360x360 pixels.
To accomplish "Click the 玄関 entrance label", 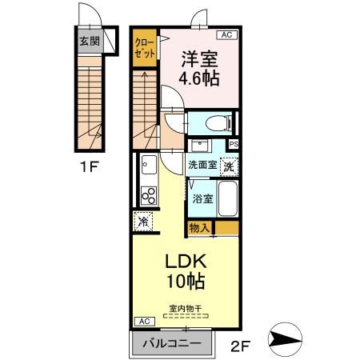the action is click(90, 42).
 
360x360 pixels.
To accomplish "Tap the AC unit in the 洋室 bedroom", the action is click(226, 34).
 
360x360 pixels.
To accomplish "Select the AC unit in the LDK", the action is click(144, 322).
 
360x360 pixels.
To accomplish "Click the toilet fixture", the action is click(218, 123).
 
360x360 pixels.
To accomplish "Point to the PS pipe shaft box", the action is click(234, 145).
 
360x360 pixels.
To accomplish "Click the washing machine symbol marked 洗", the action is click(229, 166).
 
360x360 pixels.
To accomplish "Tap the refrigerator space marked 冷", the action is click(143, 222).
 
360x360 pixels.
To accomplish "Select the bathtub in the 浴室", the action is click(228, 198).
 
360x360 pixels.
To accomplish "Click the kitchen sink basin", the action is click(149, 165).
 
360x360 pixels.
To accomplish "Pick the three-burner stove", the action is click(149, 196).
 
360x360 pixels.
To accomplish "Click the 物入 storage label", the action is click(198, 228).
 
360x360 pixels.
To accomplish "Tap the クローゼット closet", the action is click(145, 48).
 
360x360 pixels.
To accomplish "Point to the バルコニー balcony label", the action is click(172, 343).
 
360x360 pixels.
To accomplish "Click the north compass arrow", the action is click(285, 339).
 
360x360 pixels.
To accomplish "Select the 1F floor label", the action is click(90, 166).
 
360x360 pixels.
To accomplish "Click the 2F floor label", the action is click(240, 346).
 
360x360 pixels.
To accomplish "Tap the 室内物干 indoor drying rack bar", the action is click(186, 316).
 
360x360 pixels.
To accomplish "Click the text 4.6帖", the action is click(199, 78).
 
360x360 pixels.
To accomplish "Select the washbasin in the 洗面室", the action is click(200, 146).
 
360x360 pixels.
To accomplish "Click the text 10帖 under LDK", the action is click(186, 281).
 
